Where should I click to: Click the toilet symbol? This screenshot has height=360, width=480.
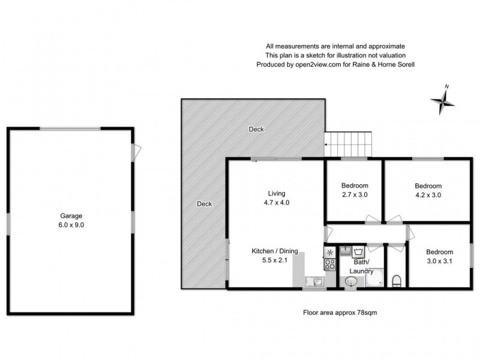(397, 280)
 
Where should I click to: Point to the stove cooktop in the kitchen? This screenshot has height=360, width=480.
(329, 264)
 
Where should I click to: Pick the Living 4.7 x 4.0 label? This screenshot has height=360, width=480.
(276, 198)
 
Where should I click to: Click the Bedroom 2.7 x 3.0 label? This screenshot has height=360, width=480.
(354, 190)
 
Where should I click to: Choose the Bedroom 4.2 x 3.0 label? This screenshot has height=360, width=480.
(428, 190)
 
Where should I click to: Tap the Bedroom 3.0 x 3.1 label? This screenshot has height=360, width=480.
(439, 257)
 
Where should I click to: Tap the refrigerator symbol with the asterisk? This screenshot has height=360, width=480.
(329, 251)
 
